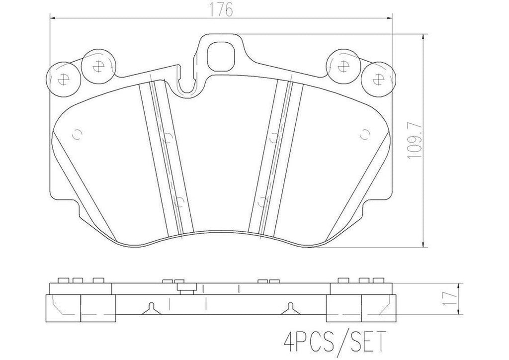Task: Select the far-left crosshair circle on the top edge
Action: (x=63, y=78)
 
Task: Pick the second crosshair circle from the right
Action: (x=343, y=67)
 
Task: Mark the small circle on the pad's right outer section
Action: (x=364, y=134)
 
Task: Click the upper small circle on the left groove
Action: (x=168, y=137)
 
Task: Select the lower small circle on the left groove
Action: (x=179, y=202)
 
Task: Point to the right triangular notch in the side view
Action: (x=290, y=308)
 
